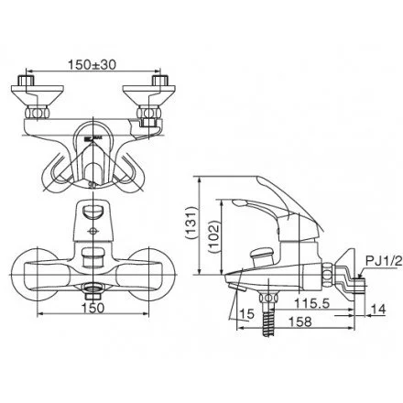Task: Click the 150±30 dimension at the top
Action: coord(94,65)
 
